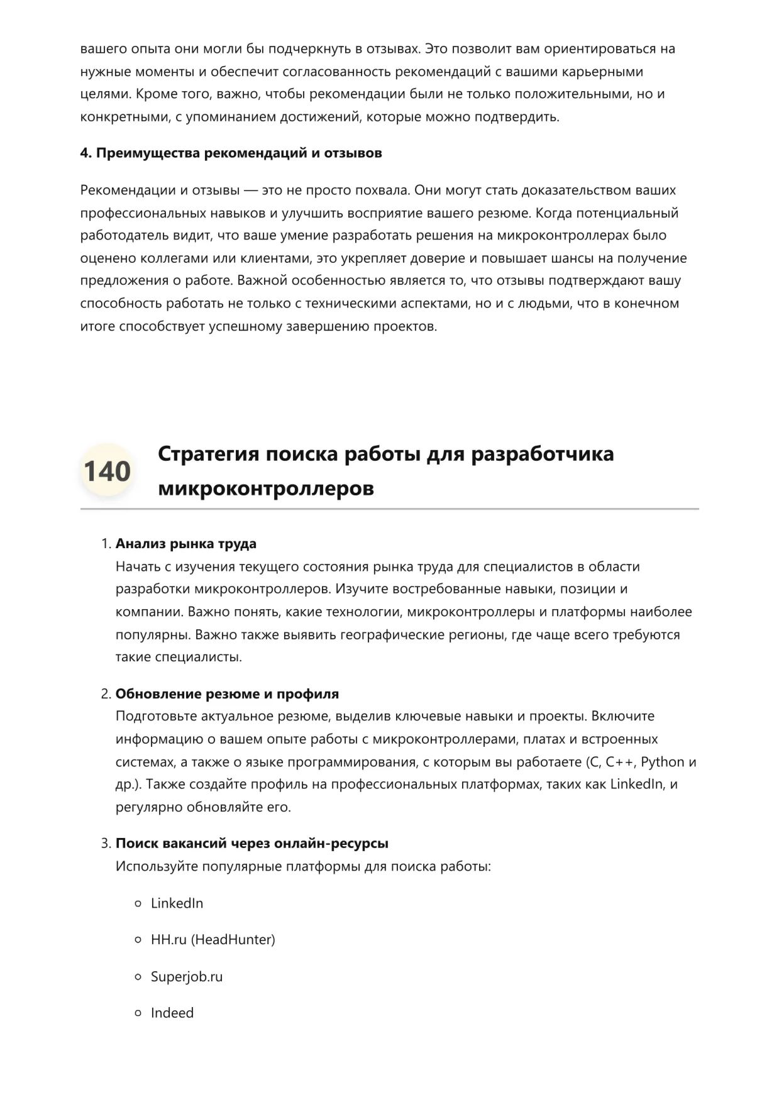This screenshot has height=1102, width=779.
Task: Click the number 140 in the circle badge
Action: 107,471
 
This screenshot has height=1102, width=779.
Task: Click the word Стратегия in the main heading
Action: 208,454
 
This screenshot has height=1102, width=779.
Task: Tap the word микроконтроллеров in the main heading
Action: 265,488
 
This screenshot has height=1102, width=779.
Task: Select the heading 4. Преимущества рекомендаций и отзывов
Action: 231,153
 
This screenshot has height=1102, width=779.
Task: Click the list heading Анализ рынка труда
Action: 185,544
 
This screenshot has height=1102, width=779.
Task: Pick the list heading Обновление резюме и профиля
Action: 227,694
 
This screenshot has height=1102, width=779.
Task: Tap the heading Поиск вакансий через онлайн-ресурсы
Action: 251,844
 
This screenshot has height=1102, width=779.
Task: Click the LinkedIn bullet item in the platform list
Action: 177,903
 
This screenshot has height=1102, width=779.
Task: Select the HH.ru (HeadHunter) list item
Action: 213,940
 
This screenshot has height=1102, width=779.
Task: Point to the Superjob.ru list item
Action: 187,977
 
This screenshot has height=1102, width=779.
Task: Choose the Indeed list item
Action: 172,1013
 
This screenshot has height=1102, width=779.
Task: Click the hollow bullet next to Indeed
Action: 138,1013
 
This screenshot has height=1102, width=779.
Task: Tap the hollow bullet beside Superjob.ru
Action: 138,977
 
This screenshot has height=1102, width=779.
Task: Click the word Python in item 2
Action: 662,762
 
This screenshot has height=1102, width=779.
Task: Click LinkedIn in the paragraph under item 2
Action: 636,785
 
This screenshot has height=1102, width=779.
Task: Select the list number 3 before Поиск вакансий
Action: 106,844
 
